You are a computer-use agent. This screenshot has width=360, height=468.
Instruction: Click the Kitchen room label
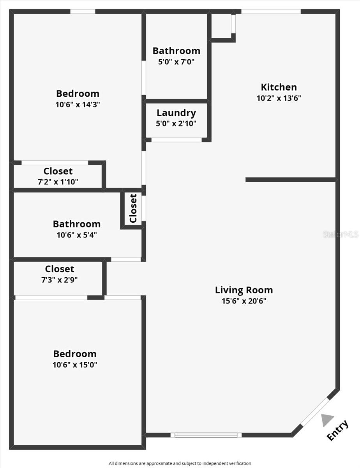point(279,87)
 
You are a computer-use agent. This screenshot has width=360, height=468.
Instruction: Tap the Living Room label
point(244,290)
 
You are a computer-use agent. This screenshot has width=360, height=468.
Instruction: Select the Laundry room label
point(176,113)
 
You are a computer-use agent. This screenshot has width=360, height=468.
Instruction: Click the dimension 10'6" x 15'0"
point(75,365)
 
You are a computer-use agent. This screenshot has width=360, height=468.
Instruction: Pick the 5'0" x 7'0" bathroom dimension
point(176,62)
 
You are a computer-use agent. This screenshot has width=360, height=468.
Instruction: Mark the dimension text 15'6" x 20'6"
point(244,301)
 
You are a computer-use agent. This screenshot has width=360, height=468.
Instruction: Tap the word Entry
point(337,431)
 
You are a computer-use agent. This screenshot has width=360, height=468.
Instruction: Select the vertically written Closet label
point(133,208)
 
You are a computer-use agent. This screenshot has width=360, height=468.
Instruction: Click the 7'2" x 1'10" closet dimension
point(58,182)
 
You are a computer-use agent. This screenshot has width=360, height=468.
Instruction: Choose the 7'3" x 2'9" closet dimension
point(59,280)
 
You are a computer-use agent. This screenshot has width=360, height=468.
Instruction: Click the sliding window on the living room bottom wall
point(206,435)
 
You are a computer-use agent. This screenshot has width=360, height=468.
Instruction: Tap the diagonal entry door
point(314,411)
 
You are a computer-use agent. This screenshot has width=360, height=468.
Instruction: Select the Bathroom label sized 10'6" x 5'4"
point(77,224)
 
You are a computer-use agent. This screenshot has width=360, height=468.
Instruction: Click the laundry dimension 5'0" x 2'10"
point(176,124)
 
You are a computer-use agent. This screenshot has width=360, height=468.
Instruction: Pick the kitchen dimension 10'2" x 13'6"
point(279,98)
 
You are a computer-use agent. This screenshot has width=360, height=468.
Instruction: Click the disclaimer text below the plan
point(180,463)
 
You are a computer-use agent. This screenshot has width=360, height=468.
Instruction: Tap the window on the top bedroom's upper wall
point(83,11)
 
